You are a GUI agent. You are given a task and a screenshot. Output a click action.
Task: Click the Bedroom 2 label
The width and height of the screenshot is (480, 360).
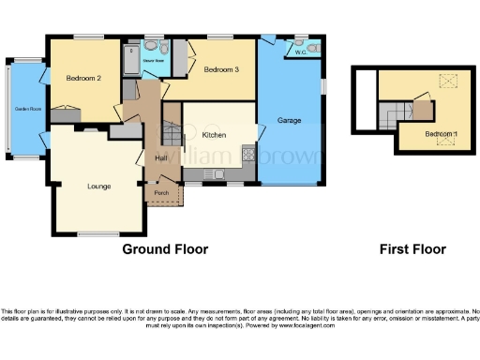point(84,78)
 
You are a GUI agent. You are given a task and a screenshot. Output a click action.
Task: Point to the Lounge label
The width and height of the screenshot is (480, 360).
point(98,187)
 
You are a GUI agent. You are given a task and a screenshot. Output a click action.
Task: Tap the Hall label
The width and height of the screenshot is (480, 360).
point(159,157)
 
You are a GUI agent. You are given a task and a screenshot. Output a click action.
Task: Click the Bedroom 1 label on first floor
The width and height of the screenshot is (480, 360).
point(441,134)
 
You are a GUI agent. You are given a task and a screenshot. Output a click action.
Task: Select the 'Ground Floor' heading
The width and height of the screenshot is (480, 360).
point(165,249)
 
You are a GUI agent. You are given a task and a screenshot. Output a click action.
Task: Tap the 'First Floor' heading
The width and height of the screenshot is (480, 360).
point(412,249)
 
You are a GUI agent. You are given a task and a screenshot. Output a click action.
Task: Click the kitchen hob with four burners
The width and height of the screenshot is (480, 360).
point(247,155)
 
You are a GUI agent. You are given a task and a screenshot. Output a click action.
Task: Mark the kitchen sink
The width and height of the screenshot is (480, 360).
point(217,173)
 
